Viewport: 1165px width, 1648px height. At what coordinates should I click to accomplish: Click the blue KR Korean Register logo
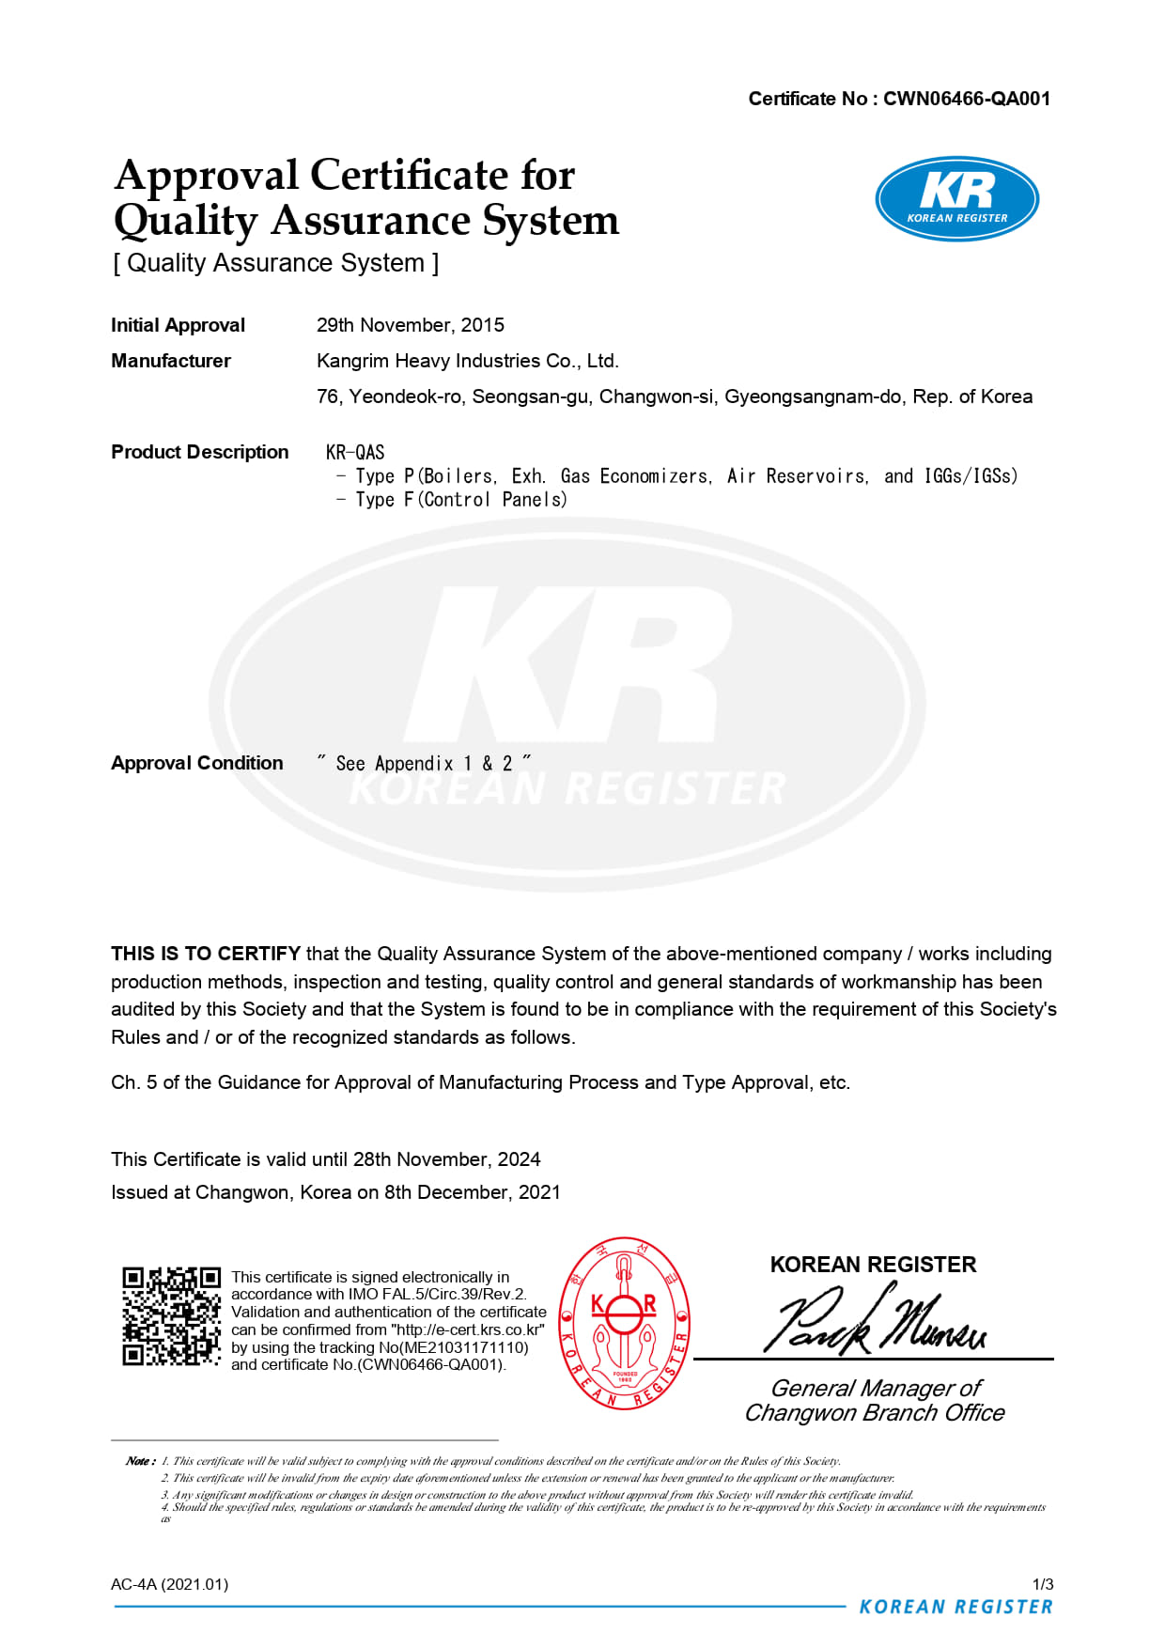click(956, 199)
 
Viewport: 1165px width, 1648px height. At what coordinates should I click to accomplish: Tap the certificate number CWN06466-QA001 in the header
click(966, 99)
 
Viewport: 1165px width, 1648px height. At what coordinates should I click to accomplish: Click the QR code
click(171, 1315)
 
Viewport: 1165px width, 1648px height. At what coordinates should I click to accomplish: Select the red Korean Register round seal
click(625, 1322)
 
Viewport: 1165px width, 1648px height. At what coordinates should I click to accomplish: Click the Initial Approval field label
click(178, 325)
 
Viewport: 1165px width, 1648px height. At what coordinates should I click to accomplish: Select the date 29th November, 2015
click(411, 325)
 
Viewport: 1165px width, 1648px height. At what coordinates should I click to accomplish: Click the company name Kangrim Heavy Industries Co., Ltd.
click(468, 361)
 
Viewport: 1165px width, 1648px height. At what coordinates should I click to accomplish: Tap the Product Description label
click(199, 452)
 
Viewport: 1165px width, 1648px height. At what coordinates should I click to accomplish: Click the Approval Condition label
click(196, 763)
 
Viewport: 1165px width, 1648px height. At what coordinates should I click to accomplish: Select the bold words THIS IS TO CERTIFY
click(206, 954)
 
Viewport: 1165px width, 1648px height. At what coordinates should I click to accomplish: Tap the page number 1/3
click(1042, 1584)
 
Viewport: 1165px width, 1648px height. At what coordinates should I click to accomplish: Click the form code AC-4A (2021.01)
click(169, 1584)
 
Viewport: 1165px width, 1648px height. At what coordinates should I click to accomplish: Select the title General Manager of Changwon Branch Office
click(875, 1401)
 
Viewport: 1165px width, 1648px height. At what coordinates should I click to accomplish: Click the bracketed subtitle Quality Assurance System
click(276, 263)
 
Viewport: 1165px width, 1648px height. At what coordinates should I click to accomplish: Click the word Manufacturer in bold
click(171, 361)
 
